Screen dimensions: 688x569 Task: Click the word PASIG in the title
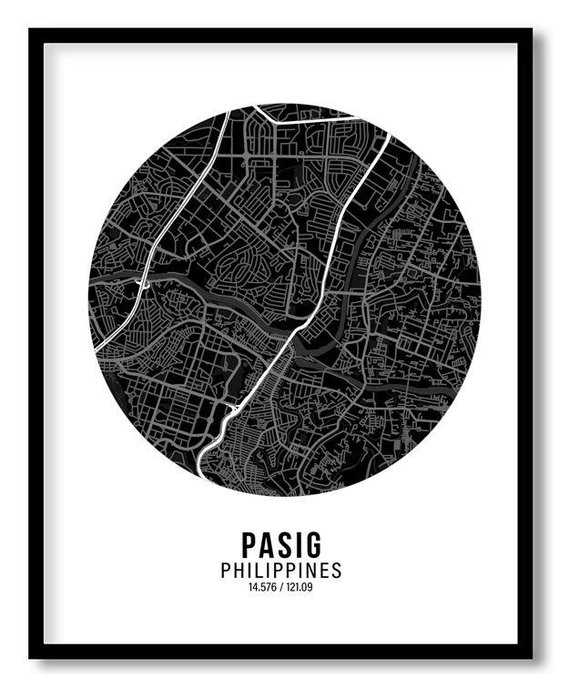(x=281, y=544)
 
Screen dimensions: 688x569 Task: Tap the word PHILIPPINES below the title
(x=281, y=572)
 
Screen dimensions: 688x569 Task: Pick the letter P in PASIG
(x=249, y=544)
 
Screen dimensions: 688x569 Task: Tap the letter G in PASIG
(x=313, y=544)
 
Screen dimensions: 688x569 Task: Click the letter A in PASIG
(x=267, y=544)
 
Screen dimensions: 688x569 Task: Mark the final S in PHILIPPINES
(x=337, y=572)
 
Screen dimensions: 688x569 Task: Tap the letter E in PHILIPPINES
(x=323, y=572)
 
